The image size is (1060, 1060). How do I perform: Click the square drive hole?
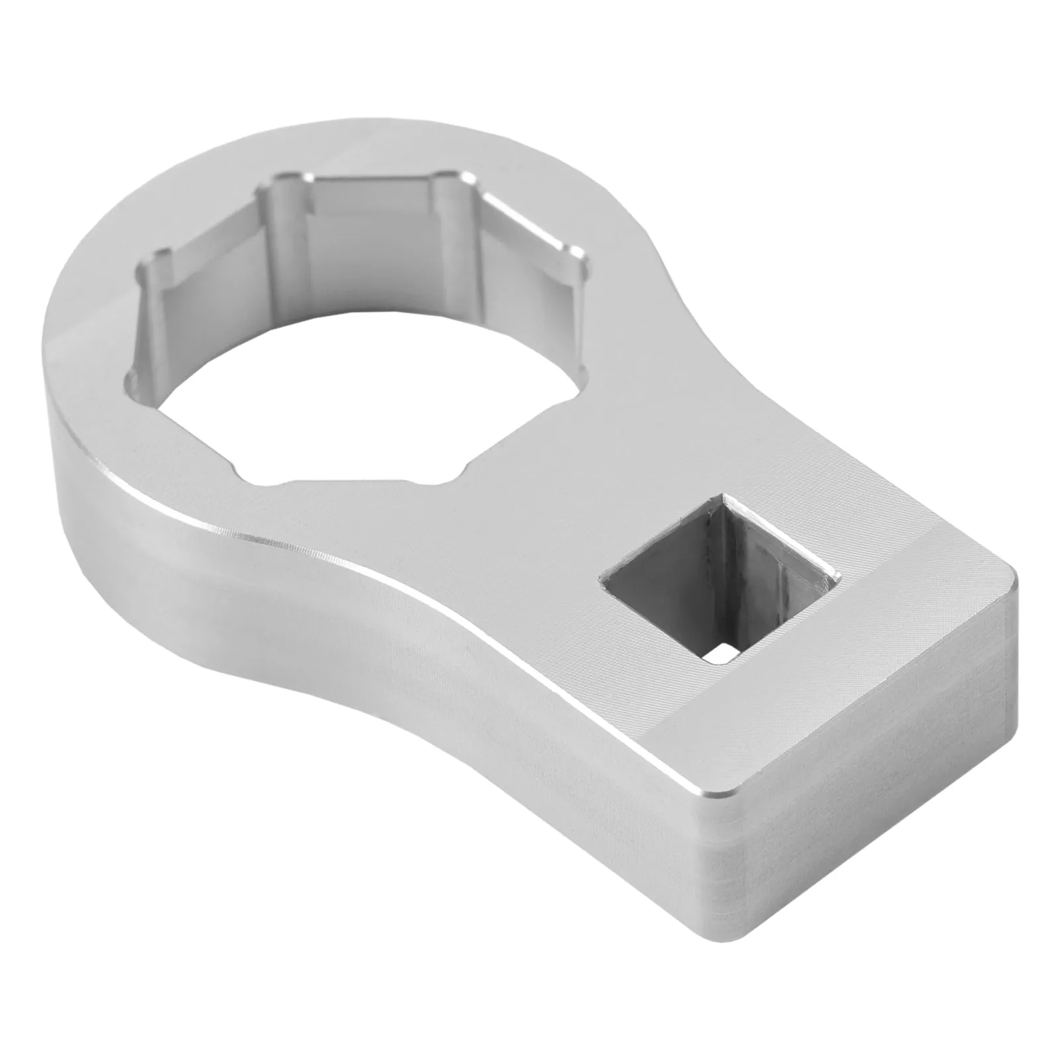[x=719, y=576]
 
